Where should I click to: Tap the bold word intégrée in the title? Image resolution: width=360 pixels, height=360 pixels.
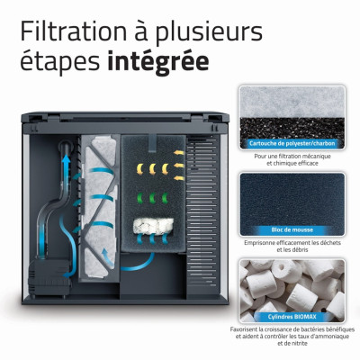pyautogui.click(x=158, y=62)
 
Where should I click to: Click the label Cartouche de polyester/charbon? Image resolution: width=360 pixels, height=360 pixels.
pyautogui.click(x=292, y=143)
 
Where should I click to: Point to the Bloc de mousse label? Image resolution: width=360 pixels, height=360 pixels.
pyautogui.click(x=292, y=230)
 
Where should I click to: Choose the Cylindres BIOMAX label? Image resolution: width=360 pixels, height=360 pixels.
pyautogui.click(x=292, y=317)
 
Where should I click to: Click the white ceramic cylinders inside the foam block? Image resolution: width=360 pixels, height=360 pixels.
pyautogui.click(x=153, y=226)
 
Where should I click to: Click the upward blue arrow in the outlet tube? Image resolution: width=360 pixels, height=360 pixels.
pyautogui.click(x=66, y=168)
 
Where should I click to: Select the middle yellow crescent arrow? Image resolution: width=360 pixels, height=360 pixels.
pyautogui.click(x=153, y=169)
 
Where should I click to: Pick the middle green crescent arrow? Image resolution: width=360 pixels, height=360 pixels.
pyautogui.click(x=152, y=198)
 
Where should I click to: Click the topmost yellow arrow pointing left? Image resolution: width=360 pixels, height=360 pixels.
pyautogui.click(x=179, y=153)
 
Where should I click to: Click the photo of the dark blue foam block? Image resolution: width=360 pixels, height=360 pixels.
pyautogui.click(x=292, y=204)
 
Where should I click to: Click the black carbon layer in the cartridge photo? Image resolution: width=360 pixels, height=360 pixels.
pyautogui.click(x=292, y=129)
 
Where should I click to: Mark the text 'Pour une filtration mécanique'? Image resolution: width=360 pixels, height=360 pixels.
pyautogui.click(x=292, y=157)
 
